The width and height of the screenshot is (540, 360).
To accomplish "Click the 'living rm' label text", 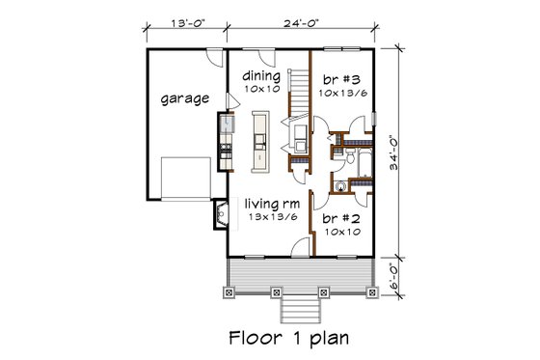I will click(269, 204).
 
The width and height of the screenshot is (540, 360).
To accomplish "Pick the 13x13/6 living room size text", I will click(269, 219).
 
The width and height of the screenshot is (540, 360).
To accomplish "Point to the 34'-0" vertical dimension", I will click(410, 151).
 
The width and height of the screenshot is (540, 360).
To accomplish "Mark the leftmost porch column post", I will click(228, 291).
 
